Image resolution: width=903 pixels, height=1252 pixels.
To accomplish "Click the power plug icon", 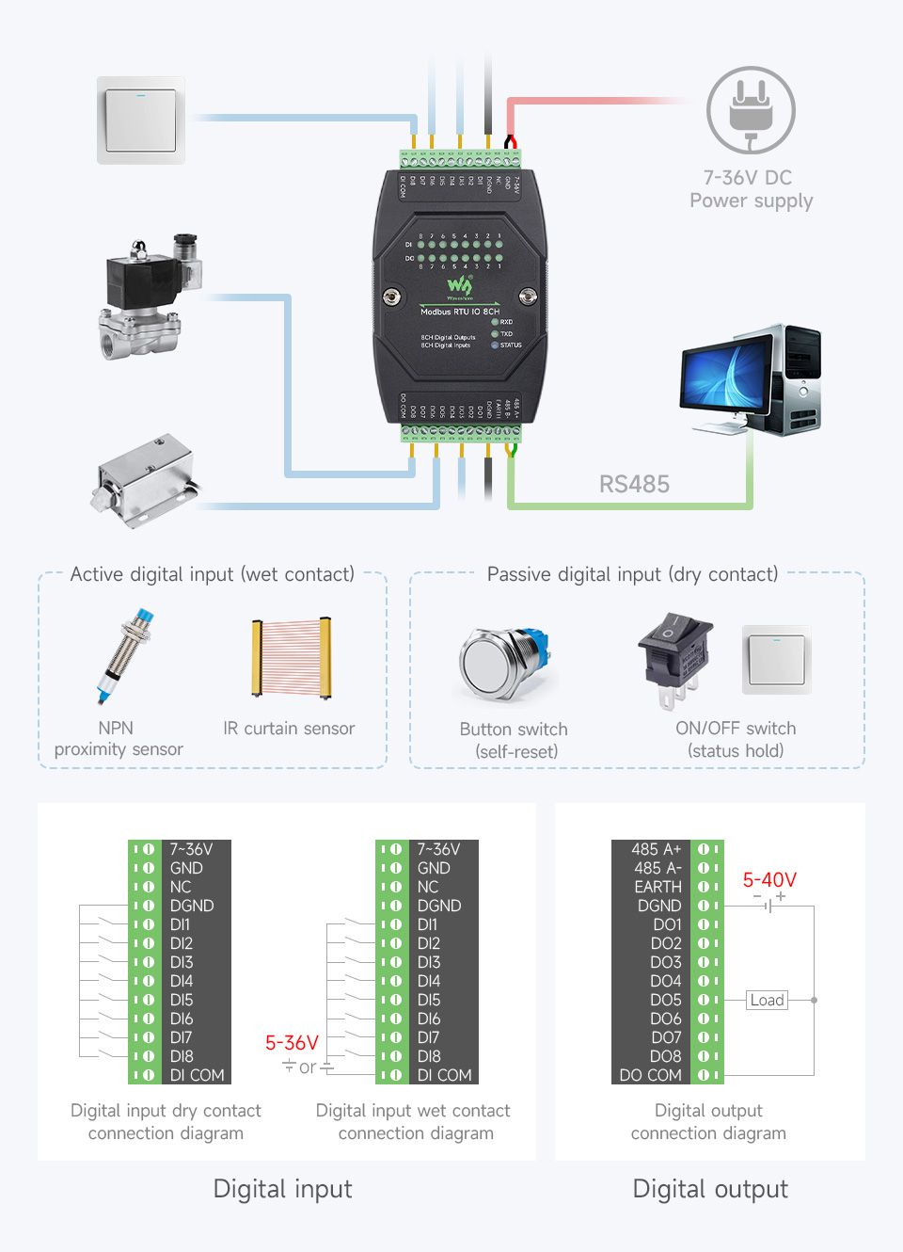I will (x=751, y=111).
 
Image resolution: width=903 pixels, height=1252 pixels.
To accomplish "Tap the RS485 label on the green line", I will (x=634, y=484).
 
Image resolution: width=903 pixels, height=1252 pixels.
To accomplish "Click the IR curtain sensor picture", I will (x=291, y=657).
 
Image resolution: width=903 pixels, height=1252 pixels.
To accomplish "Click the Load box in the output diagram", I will (x=767, y=1000).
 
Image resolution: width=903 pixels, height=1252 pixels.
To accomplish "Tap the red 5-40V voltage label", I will (x=769, y=880).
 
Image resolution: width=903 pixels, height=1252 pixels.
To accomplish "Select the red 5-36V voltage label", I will (x=292, y=1043).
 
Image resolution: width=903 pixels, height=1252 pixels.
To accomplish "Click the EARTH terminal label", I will (x=657, y=887).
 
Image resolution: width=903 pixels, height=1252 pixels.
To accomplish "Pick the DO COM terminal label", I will (x=650, y=1075).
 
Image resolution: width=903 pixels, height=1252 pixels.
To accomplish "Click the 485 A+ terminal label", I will (x=656, y=849).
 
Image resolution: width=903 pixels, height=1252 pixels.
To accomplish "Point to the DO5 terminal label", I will (x=666, y=1000).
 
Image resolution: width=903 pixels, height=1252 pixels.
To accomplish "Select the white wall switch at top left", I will (x=141, y=120).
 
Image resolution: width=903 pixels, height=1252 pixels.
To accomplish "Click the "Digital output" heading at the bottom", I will (x=710, y=1189).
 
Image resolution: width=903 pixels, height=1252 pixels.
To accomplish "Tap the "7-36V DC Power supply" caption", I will (x=751, y=189).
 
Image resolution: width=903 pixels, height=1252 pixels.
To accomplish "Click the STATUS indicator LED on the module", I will (x=495, y=345).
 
